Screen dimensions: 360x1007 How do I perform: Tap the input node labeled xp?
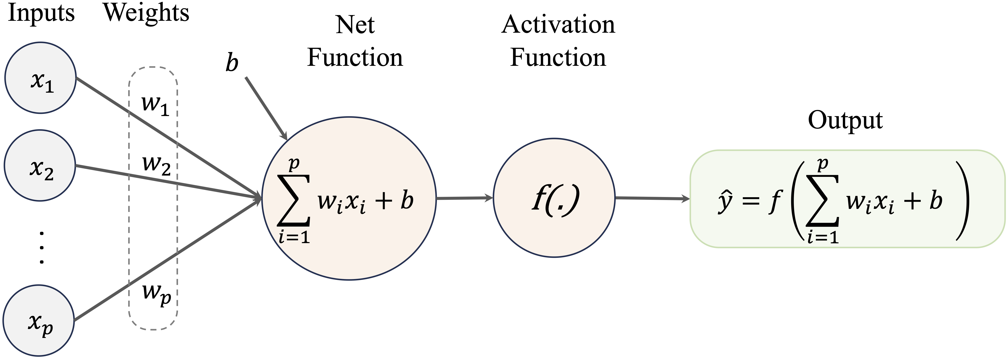[39, 321]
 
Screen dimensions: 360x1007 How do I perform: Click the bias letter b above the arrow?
[232, 63]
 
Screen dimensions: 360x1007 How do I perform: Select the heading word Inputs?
[41, 13]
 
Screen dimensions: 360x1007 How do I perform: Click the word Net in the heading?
[355, 25]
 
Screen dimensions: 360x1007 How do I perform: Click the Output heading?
[845, 120]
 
